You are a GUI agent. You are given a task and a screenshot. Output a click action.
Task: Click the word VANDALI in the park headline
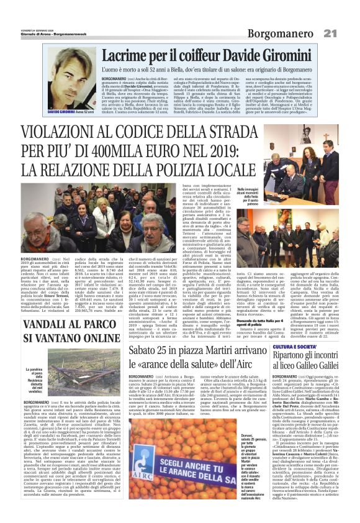point(50,324)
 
